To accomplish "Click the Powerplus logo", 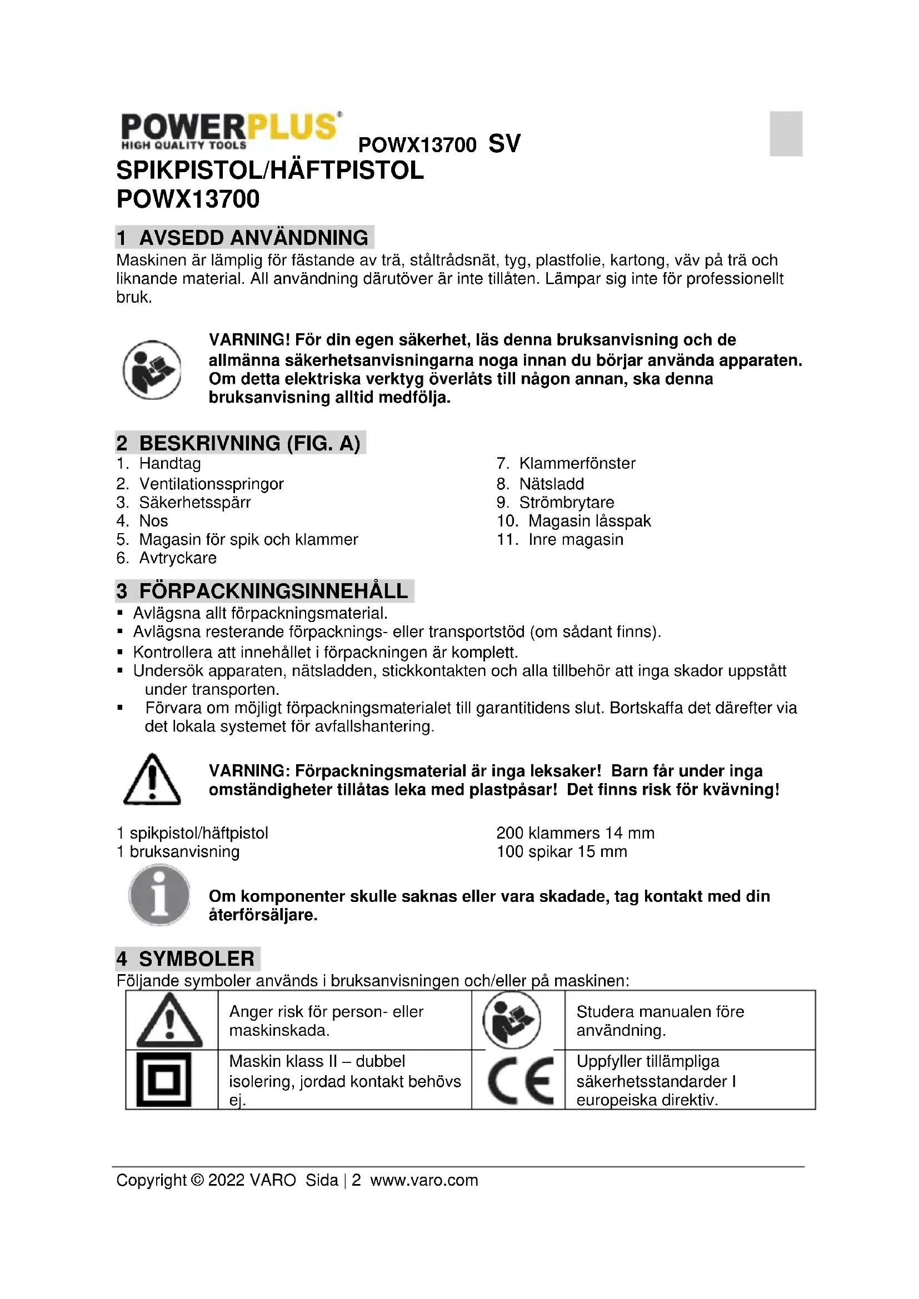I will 231,131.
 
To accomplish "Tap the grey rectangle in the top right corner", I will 786,133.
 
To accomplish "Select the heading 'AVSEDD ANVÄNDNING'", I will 253,238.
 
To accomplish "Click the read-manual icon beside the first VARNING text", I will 152,369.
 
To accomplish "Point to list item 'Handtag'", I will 170,463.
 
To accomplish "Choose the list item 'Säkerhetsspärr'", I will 194,503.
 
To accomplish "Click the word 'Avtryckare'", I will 178,558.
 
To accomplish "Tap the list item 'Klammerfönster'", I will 577,463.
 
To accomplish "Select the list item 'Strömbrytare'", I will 566,503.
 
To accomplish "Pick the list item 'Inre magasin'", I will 576,539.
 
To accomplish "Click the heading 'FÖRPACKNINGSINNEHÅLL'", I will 273,591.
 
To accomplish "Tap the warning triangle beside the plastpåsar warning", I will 152,780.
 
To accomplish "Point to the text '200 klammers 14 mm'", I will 575,833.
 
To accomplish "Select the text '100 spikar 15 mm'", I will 561,851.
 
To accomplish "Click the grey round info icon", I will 159,896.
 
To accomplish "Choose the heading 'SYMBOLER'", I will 196,959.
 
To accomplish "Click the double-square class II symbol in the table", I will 164,1081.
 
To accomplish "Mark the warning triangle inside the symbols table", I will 169,1022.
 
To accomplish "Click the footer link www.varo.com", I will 424,1180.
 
